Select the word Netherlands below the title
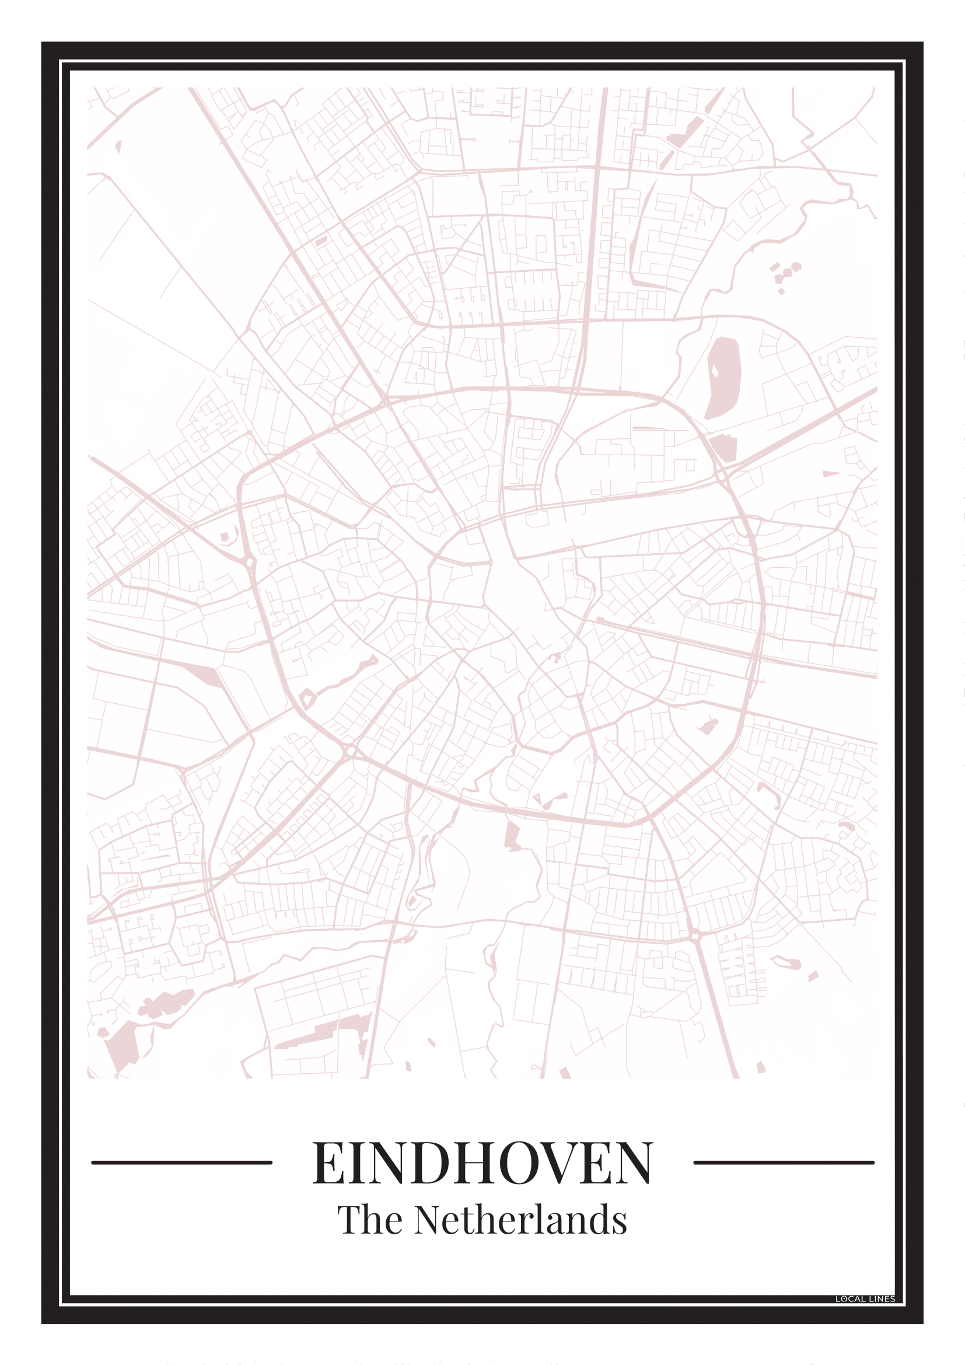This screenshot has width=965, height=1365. (520, 1220)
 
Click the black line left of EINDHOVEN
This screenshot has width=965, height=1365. (181, 1162)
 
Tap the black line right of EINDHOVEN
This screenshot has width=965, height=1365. (784, 1162)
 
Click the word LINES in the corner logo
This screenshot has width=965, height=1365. (882, 1299)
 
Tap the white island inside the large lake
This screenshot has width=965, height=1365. (715, 371)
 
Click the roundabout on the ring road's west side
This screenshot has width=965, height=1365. (248, 561)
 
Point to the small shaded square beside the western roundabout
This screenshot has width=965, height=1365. (225, 537)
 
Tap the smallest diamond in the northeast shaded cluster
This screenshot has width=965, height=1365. (781, 291)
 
